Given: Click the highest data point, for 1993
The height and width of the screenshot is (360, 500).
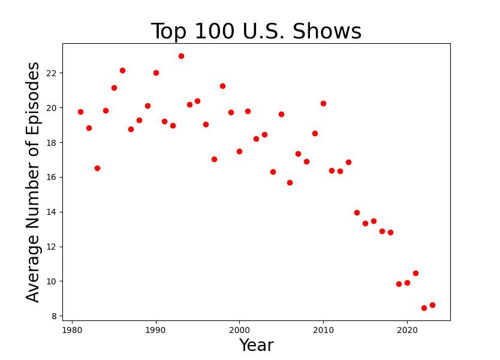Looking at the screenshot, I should click(x=181, y=56).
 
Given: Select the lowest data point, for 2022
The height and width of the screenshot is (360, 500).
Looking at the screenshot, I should click(x=424, y=308).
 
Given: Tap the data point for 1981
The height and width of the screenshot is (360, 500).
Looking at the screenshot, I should click(x=80, y=112).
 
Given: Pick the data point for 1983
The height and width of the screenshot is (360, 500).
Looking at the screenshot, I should click(x=97, y=168).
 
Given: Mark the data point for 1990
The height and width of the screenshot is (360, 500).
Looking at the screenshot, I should click(x=156, y=73).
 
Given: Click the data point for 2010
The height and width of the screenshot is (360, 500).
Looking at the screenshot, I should click(x=323, y=103).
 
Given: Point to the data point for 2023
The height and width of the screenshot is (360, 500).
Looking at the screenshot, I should click(x=432, y=305).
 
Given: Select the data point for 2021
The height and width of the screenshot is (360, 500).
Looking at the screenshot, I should click(x=415, y=273).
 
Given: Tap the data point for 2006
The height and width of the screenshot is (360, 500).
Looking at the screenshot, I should click(x=290, y=182).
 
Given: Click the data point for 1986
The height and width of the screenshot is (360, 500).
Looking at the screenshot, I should click(x=122, y=70).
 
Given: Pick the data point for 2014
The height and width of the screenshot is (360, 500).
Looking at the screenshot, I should click(x=357, y=212).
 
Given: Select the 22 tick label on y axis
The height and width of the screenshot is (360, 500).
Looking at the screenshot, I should click(x=50, y=73).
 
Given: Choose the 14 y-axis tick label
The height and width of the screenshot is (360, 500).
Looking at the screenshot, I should click(x=50, y=212).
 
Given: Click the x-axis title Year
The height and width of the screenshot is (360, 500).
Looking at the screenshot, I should click(x=256, y=346).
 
